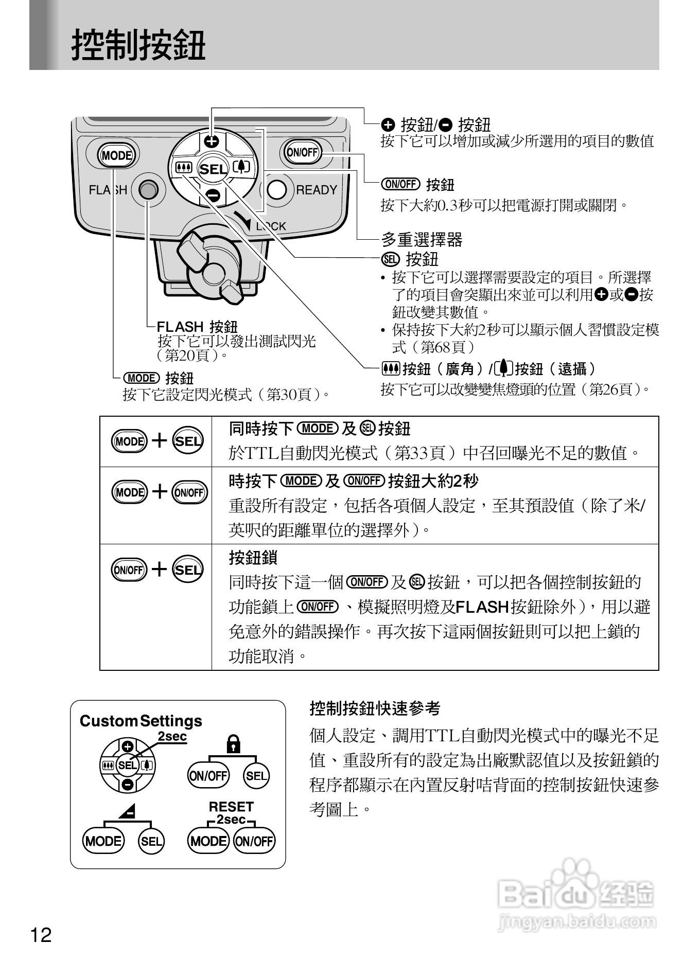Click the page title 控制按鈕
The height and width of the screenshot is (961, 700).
click(x=138, y=45)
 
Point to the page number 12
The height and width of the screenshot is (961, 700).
click(x=41, y=934)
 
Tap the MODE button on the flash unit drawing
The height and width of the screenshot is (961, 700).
click(x=117, y=155)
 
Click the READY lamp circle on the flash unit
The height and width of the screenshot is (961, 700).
click(x=277, y=190)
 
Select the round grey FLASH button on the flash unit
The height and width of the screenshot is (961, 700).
click(x=148, y=190)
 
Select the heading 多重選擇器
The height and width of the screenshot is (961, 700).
click(x=422, y=239)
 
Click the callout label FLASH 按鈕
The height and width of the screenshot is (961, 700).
click(x=197, y=327)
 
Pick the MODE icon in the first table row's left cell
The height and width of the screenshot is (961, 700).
click(x=129, y=441)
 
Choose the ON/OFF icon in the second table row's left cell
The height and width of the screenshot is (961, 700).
click(x=189, y=492)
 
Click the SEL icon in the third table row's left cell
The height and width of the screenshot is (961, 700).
click(x=188, y=570)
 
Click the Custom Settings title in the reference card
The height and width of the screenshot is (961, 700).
click(x=141, y=721)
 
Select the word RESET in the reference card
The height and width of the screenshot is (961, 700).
click(x=231, y=806)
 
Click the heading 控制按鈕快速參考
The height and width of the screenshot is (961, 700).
click(x=375, y=708)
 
